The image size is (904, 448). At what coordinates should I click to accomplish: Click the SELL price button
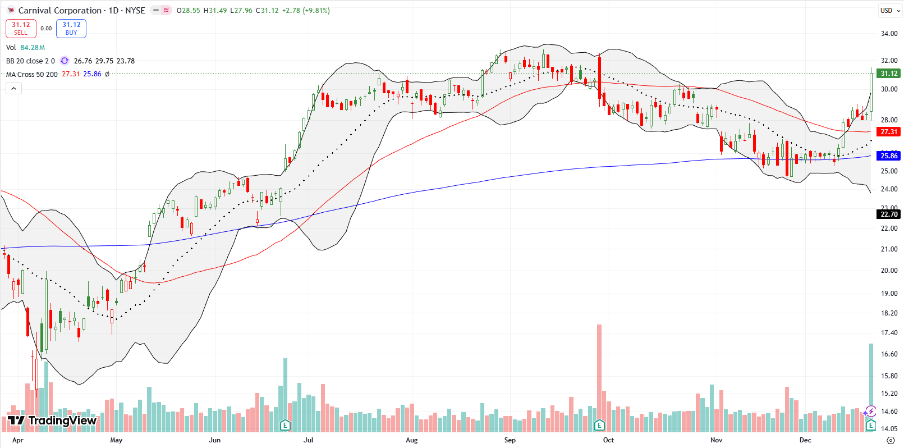tap(21, 29)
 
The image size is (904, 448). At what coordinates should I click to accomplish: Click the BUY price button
tap(71, 29)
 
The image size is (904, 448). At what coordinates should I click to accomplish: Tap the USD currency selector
tap(886, 11)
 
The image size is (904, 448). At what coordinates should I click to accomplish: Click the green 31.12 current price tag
tap(889, 74)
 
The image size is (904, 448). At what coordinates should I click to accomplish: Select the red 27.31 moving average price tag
tap(889, 132)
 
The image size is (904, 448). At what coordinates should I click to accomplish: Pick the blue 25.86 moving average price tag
tap(889, 156)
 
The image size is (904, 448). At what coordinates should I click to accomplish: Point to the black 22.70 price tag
tap(889, 214)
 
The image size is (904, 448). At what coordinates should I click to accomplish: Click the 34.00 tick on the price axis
tap(889, 34)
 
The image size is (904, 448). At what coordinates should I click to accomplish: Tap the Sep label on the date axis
tap(510, 440)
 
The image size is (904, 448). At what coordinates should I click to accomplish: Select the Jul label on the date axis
tap(308, 440)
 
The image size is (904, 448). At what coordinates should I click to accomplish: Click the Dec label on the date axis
tap(805, 440)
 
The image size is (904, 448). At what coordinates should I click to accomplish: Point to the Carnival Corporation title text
tap(59, 11)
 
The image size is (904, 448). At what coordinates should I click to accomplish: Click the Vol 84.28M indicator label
tap(25, 48)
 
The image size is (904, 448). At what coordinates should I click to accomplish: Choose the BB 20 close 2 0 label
tap(30, 61)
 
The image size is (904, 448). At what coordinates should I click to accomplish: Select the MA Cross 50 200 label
tap(31, 75)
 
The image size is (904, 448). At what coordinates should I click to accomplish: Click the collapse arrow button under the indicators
tap(13, 88)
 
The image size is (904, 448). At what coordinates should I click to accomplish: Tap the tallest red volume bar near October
tap(599, 371)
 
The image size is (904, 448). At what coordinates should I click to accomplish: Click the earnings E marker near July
tap(285, 425)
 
